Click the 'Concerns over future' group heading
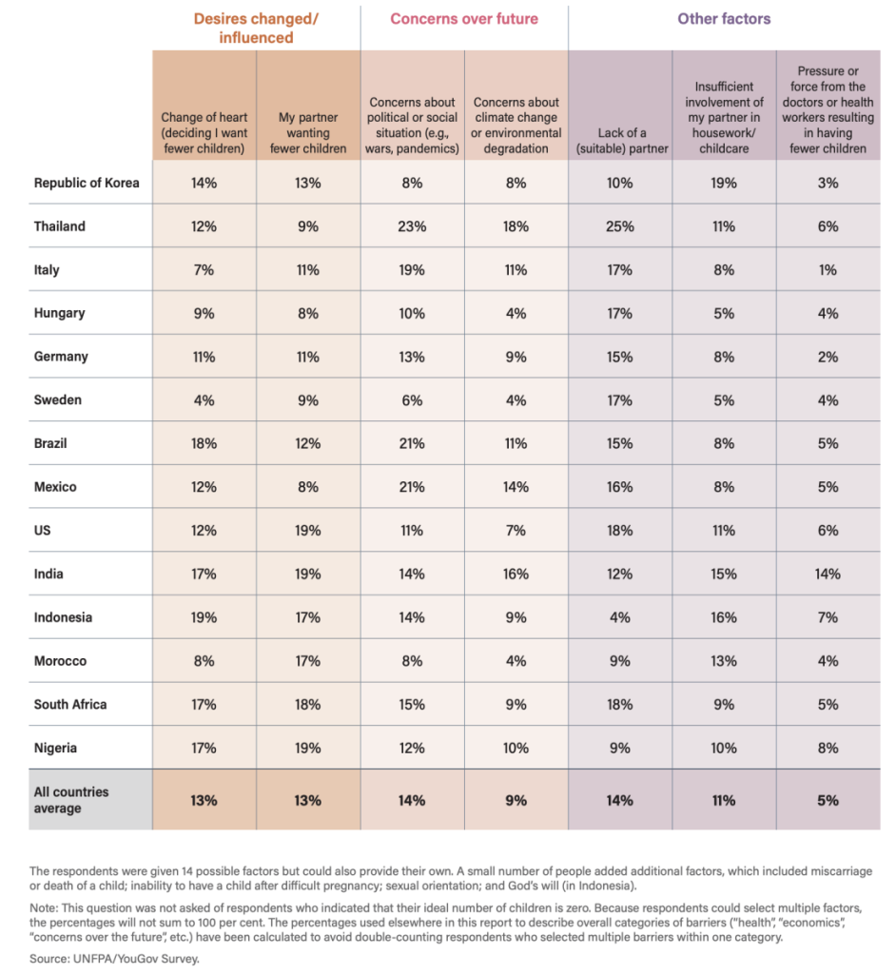coord(464,19)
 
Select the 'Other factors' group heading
coord(724,19)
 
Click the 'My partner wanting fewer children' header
coord(308,133)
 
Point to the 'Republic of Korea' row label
coord(87,183)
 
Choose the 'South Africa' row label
coord(70,705)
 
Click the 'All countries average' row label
coord(71,800)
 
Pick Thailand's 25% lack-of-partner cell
coord(619,226)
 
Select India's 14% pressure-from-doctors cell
coord(828,575)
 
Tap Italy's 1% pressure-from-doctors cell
coord(828,270)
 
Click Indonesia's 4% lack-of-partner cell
coord(619,617)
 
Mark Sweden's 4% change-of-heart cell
coord(204,400)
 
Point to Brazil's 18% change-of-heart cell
coord(204,444)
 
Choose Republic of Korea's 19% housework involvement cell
coord(724,183)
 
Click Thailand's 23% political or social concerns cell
coord(412,226)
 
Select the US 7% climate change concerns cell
coord(516,531)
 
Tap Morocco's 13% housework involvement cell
coord(724,661)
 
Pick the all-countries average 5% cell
coord(828,801)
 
